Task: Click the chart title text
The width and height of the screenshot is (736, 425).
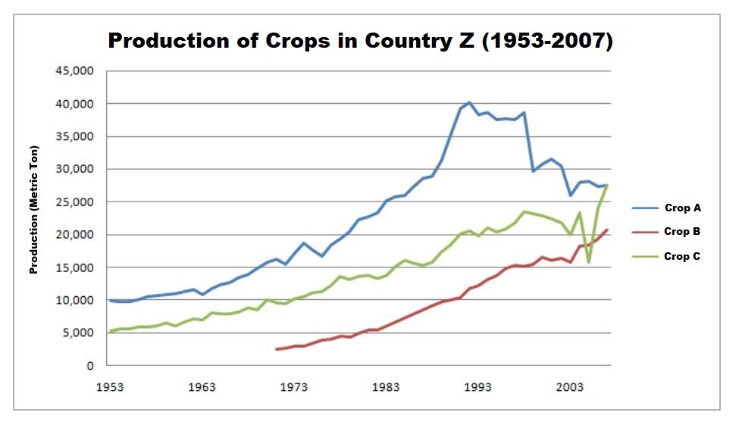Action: [360, 41]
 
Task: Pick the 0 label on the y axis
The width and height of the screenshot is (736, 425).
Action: [89, 366]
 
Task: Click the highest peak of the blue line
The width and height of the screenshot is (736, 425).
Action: [469, 102]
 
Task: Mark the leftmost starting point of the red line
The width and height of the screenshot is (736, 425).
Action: [277, 349]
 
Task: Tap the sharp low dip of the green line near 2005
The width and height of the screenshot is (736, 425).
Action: [588, 262]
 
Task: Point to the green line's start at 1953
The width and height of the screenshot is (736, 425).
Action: [111, 331]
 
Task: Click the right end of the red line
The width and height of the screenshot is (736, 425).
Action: [606, 230]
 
